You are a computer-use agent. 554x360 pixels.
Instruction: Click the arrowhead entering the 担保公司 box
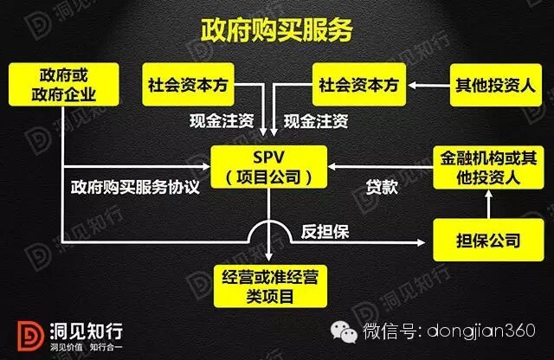(429, 240)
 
